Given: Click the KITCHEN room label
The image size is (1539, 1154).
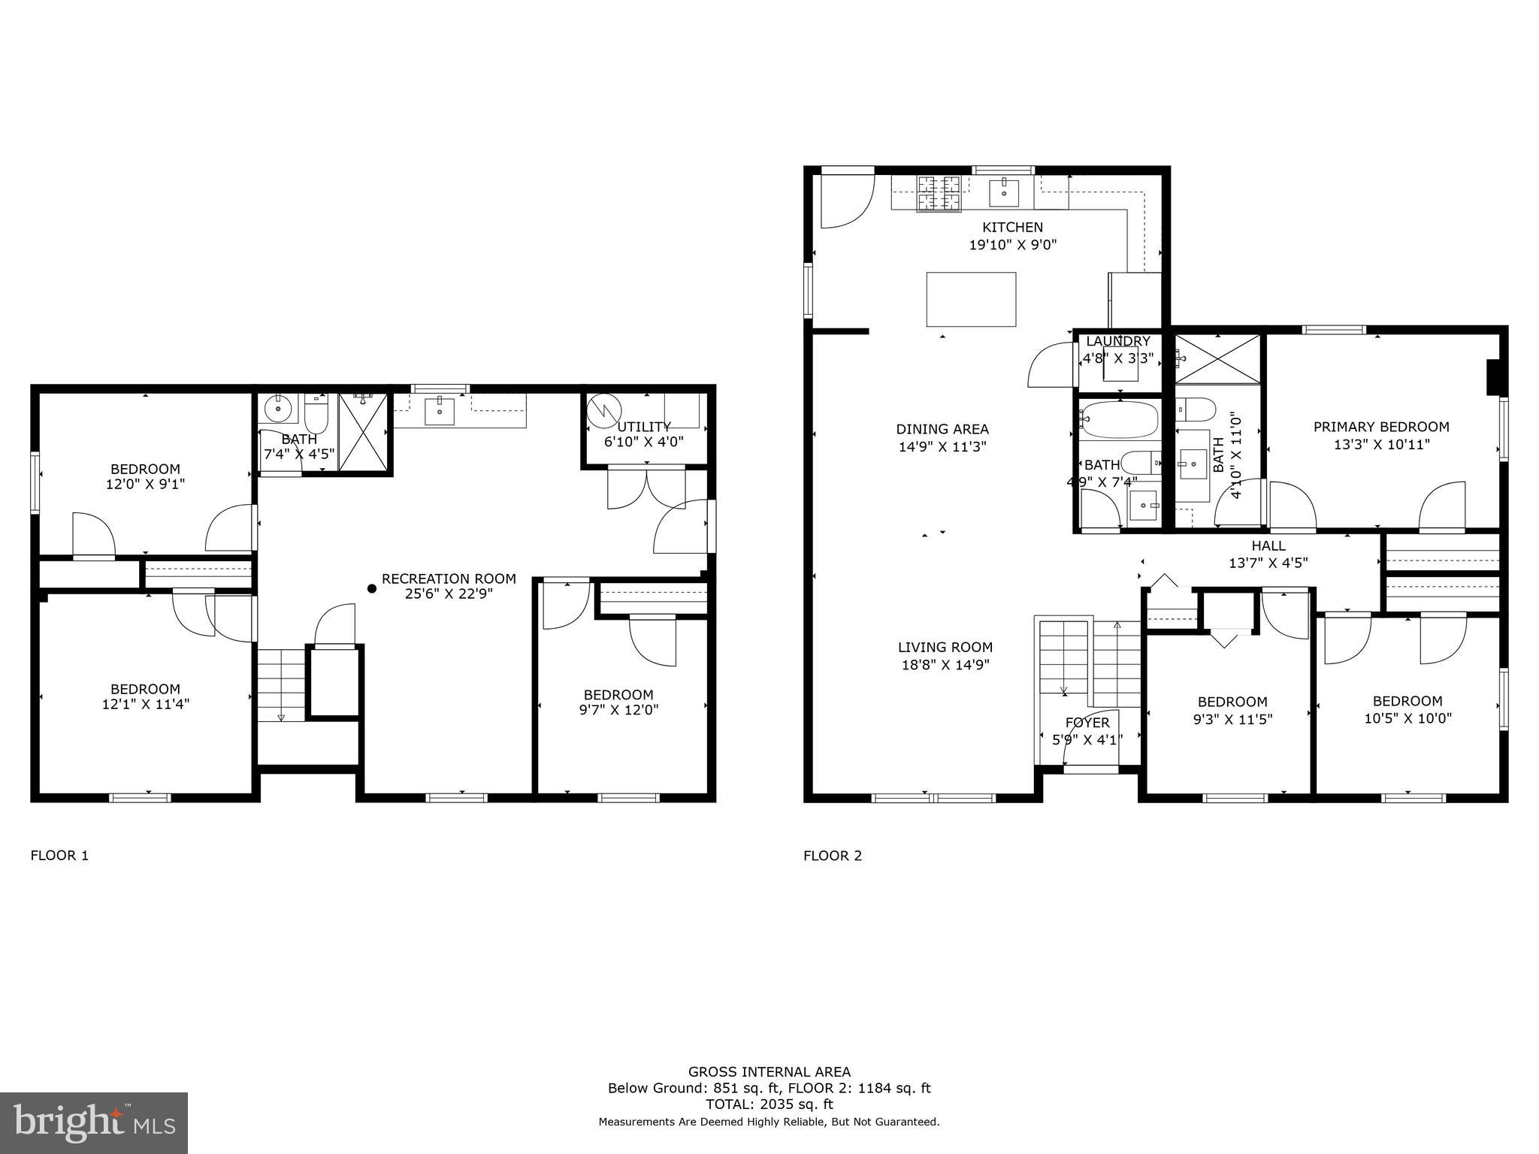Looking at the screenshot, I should point(1012,227).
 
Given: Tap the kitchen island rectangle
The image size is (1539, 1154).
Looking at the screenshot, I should point(971,299).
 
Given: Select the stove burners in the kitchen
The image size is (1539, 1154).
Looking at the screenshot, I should point(939,193).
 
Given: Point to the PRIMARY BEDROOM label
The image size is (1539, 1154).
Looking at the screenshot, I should point(1381,427).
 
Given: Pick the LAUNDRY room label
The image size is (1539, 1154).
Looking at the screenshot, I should point(1117,341).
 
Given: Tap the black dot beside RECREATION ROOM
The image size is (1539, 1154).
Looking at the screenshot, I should point(371,589).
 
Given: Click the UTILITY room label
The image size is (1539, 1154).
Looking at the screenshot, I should point(643,427).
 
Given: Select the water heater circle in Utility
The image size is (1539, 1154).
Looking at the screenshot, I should point(604,411).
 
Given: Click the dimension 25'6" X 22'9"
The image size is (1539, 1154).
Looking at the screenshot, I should point(449,594).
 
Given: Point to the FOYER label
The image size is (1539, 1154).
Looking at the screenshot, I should point(1087,723).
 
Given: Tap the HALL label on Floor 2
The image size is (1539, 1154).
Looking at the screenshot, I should point(1268,546).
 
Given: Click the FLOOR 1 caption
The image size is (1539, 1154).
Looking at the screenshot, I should point(59,855).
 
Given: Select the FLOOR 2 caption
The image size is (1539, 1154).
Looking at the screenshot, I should point(833,855).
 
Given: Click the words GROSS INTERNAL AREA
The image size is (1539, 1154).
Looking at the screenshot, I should point(769,1072).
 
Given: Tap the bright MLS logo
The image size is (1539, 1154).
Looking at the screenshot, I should point(93,1122).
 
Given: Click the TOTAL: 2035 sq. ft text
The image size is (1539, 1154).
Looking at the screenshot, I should point(769,1104).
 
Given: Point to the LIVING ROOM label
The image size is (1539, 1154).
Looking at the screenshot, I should point(945,647).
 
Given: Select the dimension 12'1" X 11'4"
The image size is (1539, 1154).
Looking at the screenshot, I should point(145,705).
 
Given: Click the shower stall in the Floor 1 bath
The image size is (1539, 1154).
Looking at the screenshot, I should point(363,432).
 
